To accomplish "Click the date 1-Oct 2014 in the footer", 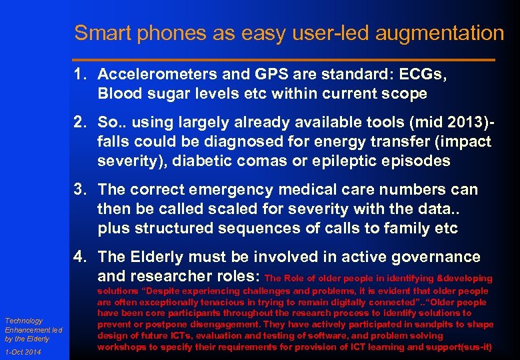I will [x=23, y=352].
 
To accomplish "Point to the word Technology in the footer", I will [x=24, y=321].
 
